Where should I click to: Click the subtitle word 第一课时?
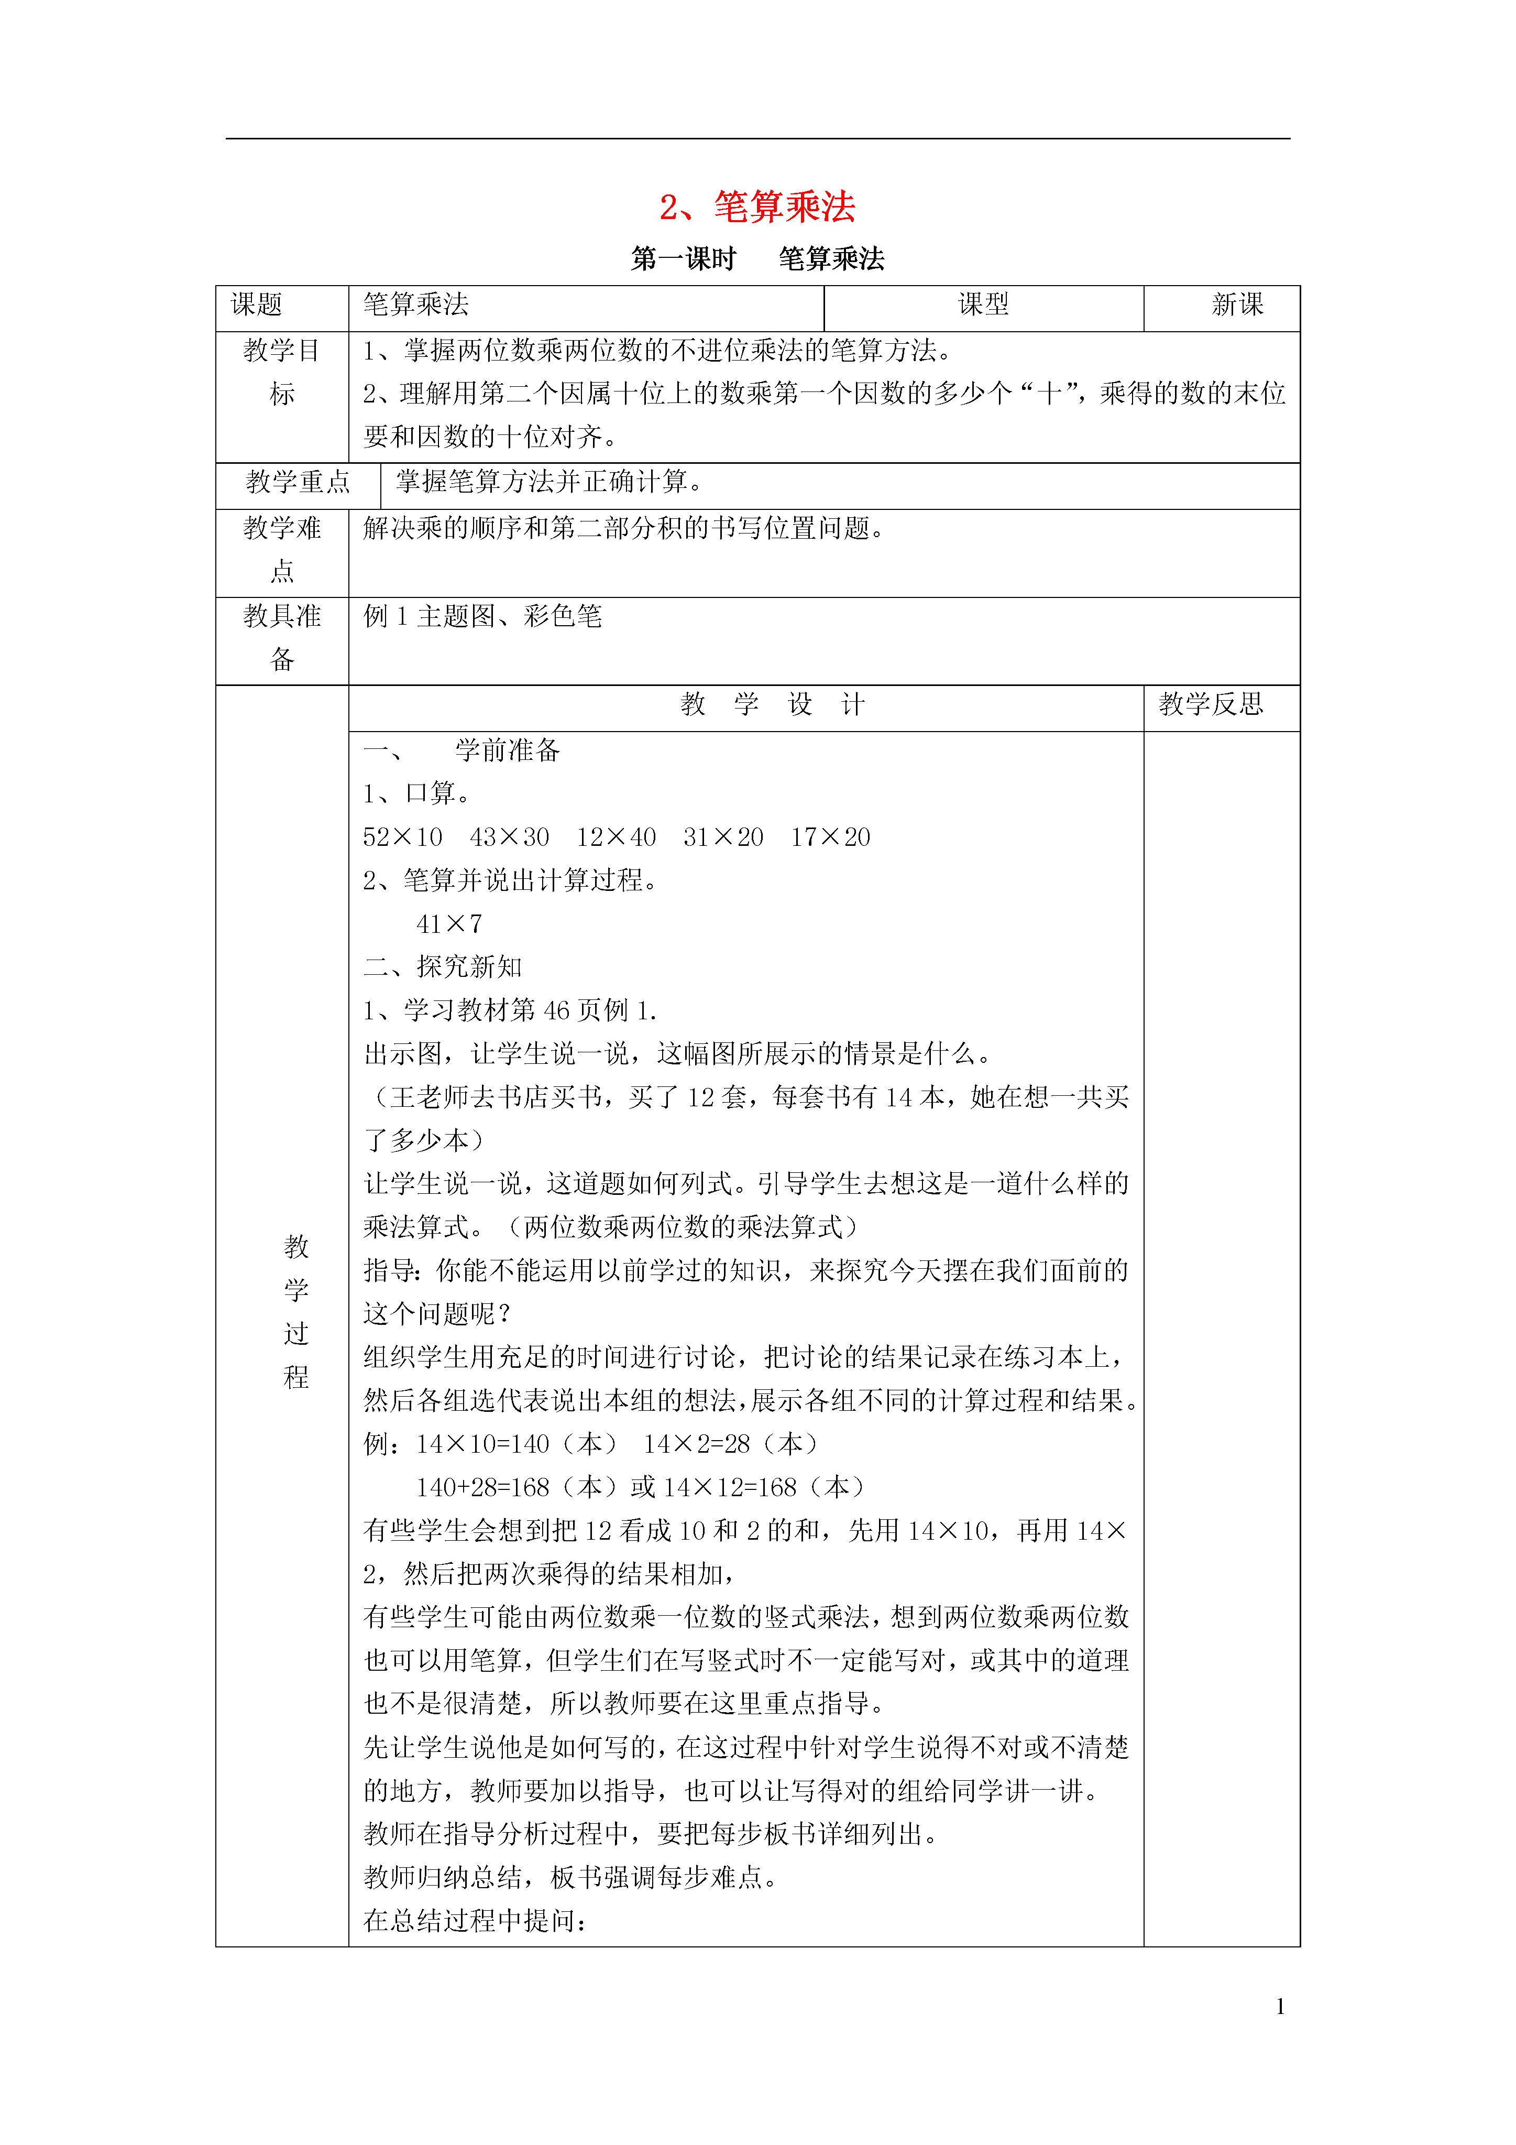[x=684, y=259]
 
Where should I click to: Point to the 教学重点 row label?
[x=298, y=482]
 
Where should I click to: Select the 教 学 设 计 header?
[x=773, y=704]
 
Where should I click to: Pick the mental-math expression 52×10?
[x=403, y=837]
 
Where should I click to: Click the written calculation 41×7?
[x=449, y=924]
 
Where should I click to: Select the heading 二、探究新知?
[x=443, y=967]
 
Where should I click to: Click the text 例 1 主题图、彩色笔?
[x=483, y=617]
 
